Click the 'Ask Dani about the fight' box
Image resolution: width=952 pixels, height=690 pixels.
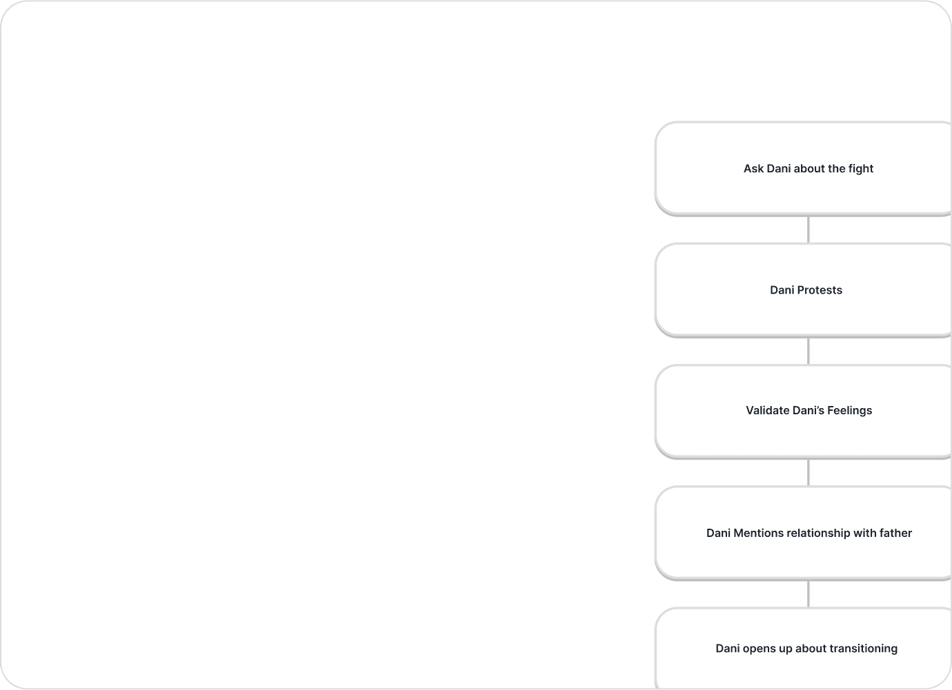(x=803, y=169)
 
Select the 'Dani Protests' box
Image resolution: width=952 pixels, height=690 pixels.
(x=803, y=290)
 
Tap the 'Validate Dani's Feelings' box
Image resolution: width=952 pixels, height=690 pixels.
(x=803, y=411)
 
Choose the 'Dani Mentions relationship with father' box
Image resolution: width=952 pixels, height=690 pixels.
(x=803, y=533)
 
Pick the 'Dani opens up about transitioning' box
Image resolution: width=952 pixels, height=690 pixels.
(x=803, y=649)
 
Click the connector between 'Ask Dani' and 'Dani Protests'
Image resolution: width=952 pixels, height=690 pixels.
(x=809, y=230)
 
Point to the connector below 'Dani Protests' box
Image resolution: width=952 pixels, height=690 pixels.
(x=809, y=351)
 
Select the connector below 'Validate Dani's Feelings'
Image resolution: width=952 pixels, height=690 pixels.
(x=809, y=473)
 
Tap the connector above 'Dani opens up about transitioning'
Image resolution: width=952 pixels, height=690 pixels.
(x=809, y=594)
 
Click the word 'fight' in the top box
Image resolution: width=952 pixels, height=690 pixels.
(x=861, y=169)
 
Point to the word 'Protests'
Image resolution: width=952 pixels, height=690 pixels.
(x=820, y=290)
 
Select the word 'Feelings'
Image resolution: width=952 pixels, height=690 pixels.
(x=850, y=411)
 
